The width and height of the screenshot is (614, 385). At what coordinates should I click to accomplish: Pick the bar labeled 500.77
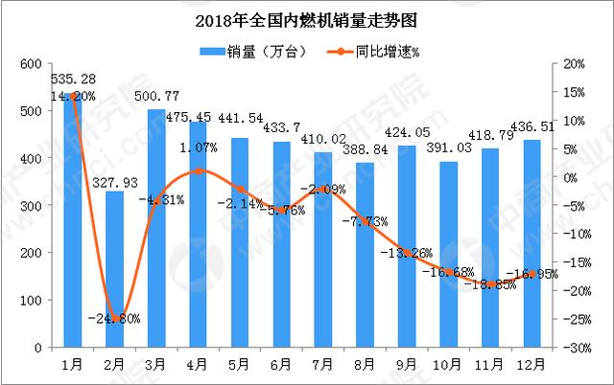tap(155, 230)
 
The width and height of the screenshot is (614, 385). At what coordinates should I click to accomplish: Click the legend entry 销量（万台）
tap(253, 50)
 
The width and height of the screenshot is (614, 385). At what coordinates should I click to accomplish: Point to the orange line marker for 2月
tap(114, 318)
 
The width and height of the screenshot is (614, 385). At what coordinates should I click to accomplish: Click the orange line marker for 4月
tap(197, 171)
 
